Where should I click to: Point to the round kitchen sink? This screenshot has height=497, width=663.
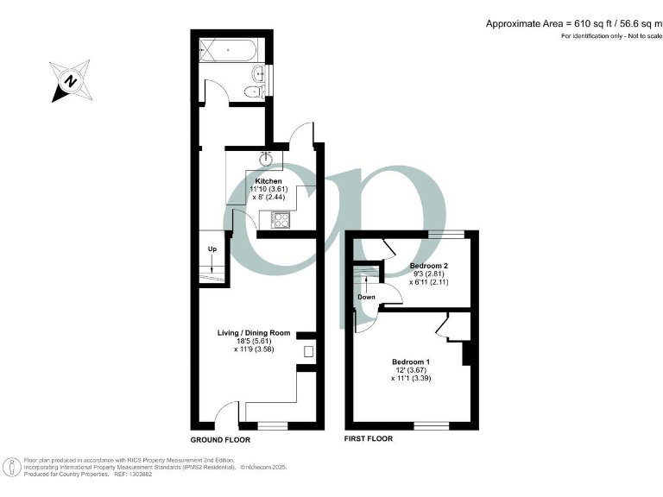[x=268, y=158]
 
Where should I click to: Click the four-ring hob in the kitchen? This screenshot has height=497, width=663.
[x=281, y=222]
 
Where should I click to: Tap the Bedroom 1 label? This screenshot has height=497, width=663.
[x=410, y=361]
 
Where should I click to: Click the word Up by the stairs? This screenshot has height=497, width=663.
[x=212, y=249]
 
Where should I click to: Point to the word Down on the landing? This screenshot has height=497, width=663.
[x=366, y=297]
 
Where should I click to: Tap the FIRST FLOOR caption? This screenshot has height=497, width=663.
[x=369, y=439]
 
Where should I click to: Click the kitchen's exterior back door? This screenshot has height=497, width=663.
[x=300, y=135]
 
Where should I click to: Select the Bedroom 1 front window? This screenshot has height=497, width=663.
[x=431, y=425]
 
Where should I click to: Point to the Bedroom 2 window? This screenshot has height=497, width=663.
[x=446, y=234]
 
